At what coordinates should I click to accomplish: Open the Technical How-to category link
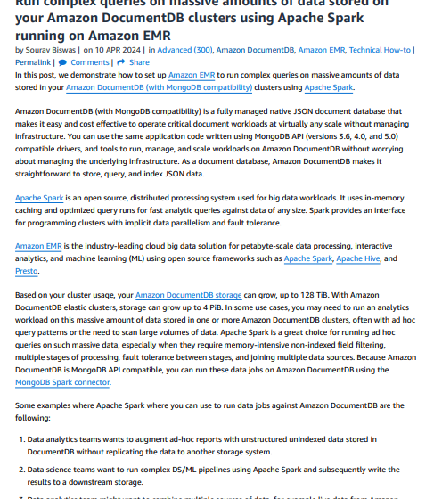pyautogui.click(x=381, y=50)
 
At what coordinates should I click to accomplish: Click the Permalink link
pyautogui.click(x=33, y=62)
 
